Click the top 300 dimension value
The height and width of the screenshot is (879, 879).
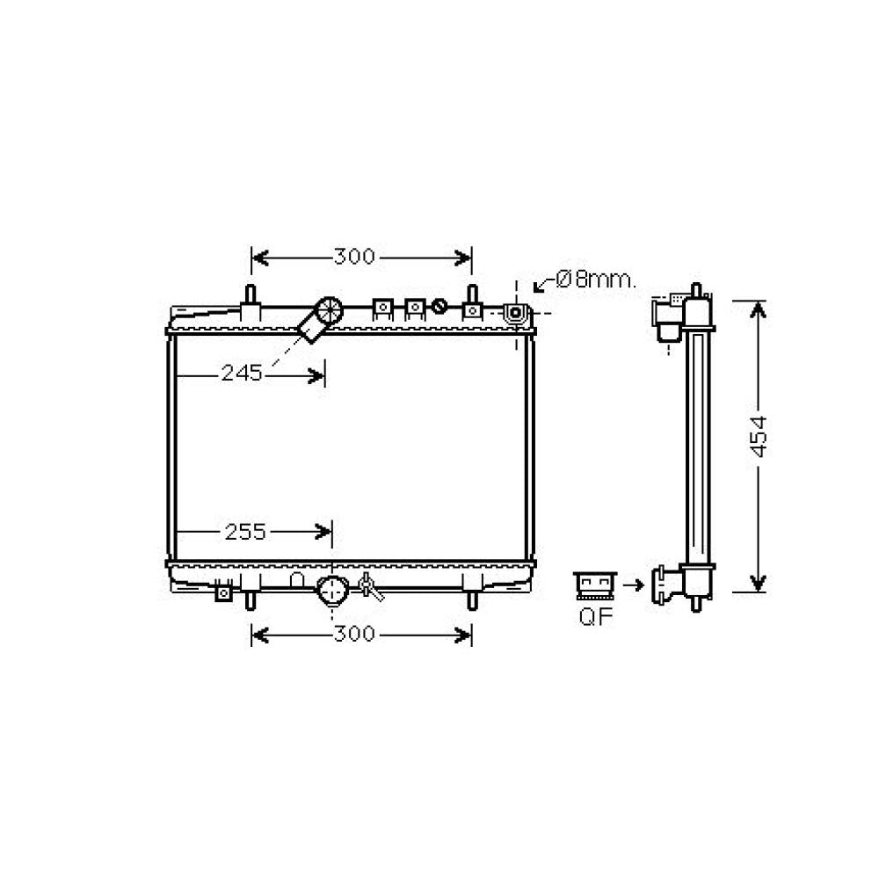(x=353, y=257)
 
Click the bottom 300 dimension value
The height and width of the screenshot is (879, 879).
(x=353, y=634)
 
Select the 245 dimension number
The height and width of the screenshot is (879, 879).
(x=242, y=373)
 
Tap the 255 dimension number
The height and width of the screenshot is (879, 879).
(x=245, y=532)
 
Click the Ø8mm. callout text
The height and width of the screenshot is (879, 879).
(x=596, y=279)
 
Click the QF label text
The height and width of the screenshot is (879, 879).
(x=596, y=617)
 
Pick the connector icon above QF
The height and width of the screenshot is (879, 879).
(x=595, y=585)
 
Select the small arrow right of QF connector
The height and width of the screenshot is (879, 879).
(x=634, y=585)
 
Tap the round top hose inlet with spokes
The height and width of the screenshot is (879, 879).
(x=329, y=310)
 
